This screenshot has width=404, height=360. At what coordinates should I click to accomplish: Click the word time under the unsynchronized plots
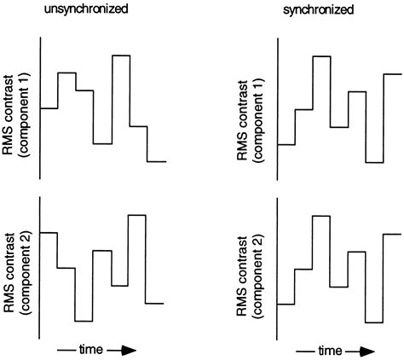click(91, 350)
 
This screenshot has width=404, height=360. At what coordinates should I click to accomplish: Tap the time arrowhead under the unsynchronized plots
click(127, 350)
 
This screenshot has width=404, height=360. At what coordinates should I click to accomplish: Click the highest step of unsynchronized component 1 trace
click(120, 55)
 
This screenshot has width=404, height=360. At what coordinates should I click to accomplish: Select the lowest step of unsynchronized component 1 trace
click(156, 160)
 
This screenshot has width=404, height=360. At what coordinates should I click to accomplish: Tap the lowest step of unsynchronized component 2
click(84, 321)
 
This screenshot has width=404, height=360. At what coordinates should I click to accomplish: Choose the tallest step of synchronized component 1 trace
click(321, 56)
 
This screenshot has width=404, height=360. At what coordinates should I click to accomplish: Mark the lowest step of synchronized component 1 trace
click(374, 162)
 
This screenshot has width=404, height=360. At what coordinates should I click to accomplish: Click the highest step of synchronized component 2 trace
click(321, 216)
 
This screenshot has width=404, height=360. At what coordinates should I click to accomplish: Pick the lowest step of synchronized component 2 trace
click(374, 322)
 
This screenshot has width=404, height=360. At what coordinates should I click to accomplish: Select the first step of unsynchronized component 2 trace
click(49, 232)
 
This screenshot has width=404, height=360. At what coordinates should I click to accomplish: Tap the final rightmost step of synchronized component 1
click(392, 74)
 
